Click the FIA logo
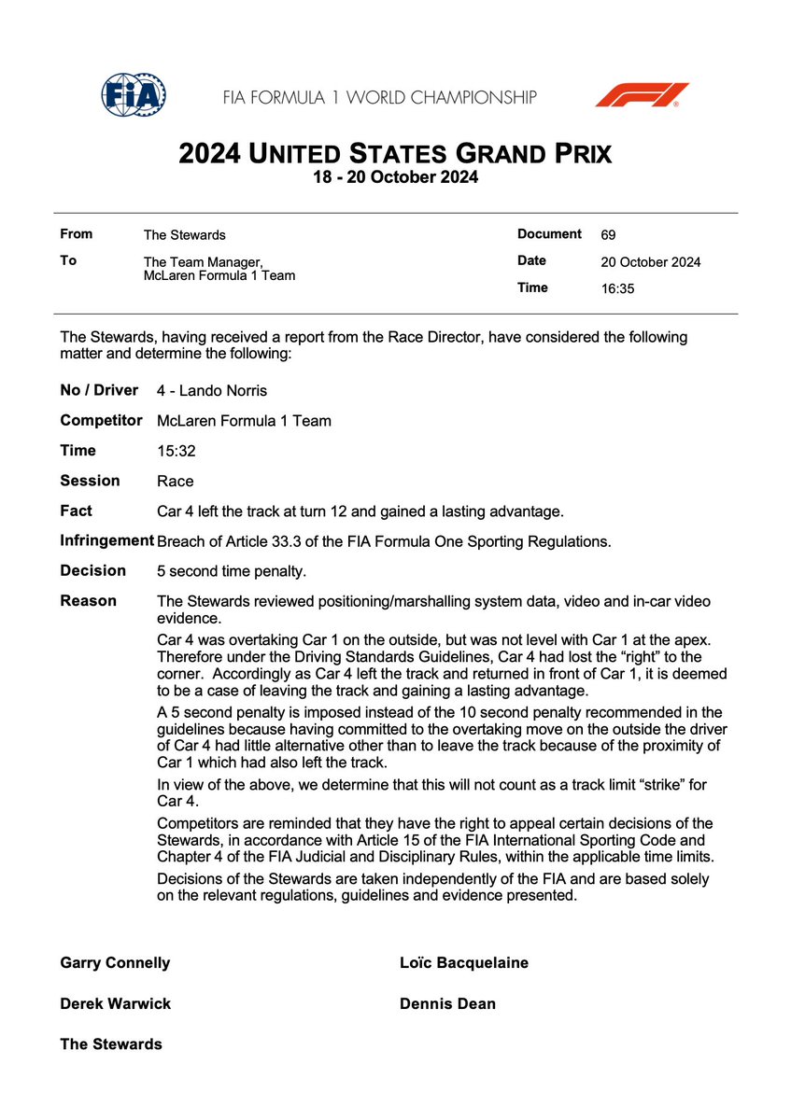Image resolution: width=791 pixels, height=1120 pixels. pos(134,96)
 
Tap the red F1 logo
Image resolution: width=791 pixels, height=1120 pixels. pos(643,95)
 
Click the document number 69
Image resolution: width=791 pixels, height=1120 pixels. pos(609,234)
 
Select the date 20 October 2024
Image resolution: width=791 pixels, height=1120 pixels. pos(650,262)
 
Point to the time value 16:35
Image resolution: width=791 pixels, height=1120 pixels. pos(617,289)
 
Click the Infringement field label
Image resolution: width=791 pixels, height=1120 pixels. pos(106,540)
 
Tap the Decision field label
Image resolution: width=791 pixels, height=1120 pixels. pos(92,570)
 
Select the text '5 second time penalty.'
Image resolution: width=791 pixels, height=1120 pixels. pos(232,571)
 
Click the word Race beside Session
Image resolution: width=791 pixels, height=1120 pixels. pos(176,481)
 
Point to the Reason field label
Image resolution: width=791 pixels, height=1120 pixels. pos(89,600)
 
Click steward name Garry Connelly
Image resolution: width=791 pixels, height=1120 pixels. pos(115,963)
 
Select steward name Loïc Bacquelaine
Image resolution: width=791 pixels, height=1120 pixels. pos(463,963)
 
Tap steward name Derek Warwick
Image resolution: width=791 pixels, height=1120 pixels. pos(115,1004)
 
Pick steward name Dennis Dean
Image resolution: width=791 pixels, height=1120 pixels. pos(447,1004)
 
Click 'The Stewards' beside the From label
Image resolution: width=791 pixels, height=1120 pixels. pos(184,235)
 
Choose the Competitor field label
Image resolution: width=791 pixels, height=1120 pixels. pos(101,420)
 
